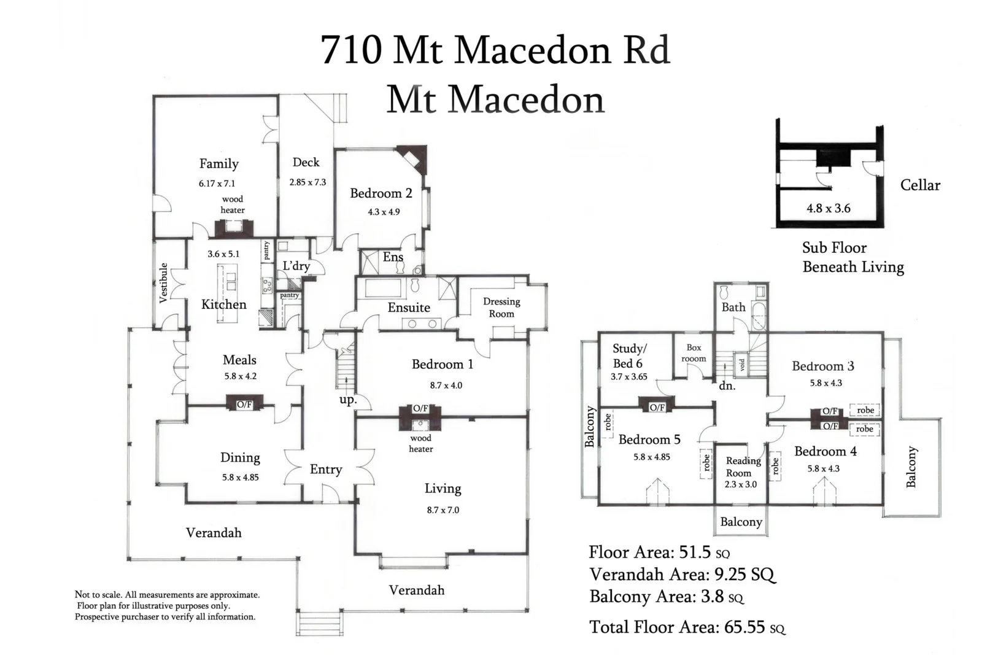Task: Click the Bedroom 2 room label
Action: click(x=381, y=193)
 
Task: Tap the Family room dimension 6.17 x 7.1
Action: click(x=217, y=184)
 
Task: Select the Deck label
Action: click(x=306, y=162)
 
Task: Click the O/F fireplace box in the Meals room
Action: click(x=244, y=404)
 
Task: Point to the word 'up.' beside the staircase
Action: click(x=347, y=400)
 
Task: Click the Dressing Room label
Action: click(x=501, y=308)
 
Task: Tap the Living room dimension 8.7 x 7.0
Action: click(x=443, y=510)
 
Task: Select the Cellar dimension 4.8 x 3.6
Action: click(x=828, y=209)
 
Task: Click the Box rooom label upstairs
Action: click(x=694, y=353)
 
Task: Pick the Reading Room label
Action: click(x=743, y=467)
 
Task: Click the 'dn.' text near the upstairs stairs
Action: click(x=727, y=386)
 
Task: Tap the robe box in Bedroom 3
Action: click(x=865, y=410)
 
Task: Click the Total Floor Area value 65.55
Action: click(x=744, y=627)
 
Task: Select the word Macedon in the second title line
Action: click(x=527, y=100)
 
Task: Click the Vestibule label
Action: click(x=163, y=282)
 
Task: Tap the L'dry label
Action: click(x=296, y=266)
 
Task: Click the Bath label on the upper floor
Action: click(x=733, y=307)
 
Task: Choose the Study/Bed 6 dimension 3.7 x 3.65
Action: click(x=628, y=377)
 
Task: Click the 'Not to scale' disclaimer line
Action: click(x=167, y=595)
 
